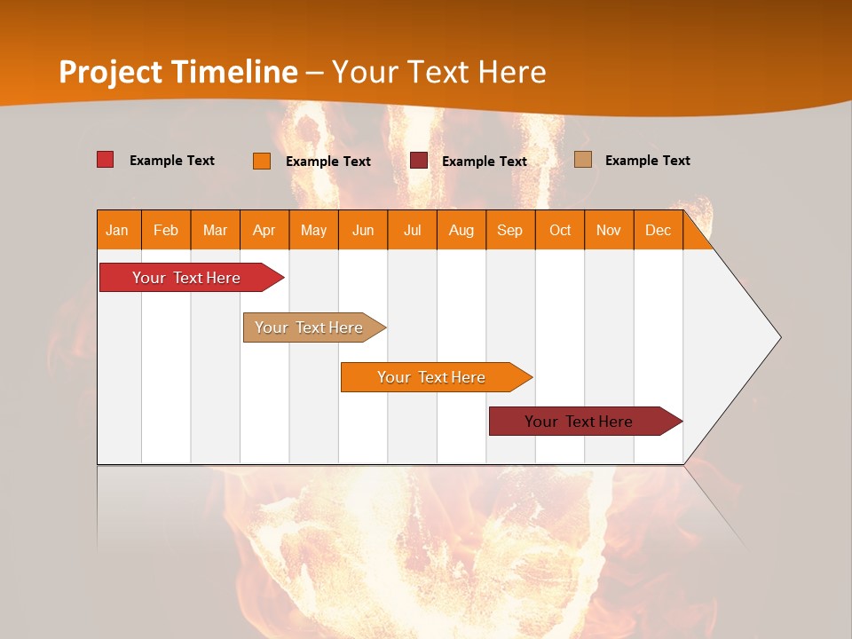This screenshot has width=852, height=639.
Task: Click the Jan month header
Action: [118, 230]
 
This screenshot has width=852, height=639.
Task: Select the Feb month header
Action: [166, 230]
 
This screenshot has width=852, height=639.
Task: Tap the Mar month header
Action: [215, 230]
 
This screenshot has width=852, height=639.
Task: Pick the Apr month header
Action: [264, 230]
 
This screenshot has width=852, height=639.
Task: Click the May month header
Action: [313, 230]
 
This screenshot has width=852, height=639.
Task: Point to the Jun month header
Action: [363, 230]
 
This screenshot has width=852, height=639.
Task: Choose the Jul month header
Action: [412, 230]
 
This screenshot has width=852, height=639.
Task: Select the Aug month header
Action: [461, 230]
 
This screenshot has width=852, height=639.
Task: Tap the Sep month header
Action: [510, 230]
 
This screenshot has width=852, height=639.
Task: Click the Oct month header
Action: [560, 230]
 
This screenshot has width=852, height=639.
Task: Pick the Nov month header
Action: [609, 230]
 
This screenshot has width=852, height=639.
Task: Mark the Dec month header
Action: [659, 230]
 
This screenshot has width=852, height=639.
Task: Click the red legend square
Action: [106, 160]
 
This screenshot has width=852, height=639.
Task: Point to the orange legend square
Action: [262, 161]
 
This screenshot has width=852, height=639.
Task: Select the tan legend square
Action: [583, 160]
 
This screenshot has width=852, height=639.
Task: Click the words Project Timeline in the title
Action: [178, 72]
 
